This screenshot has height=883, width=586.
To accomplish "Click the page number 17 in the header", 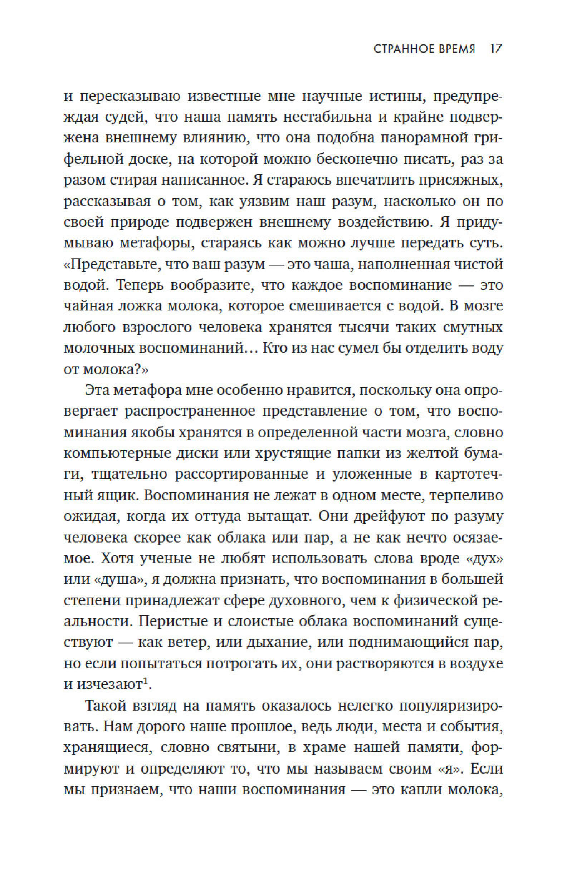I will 496,49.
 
